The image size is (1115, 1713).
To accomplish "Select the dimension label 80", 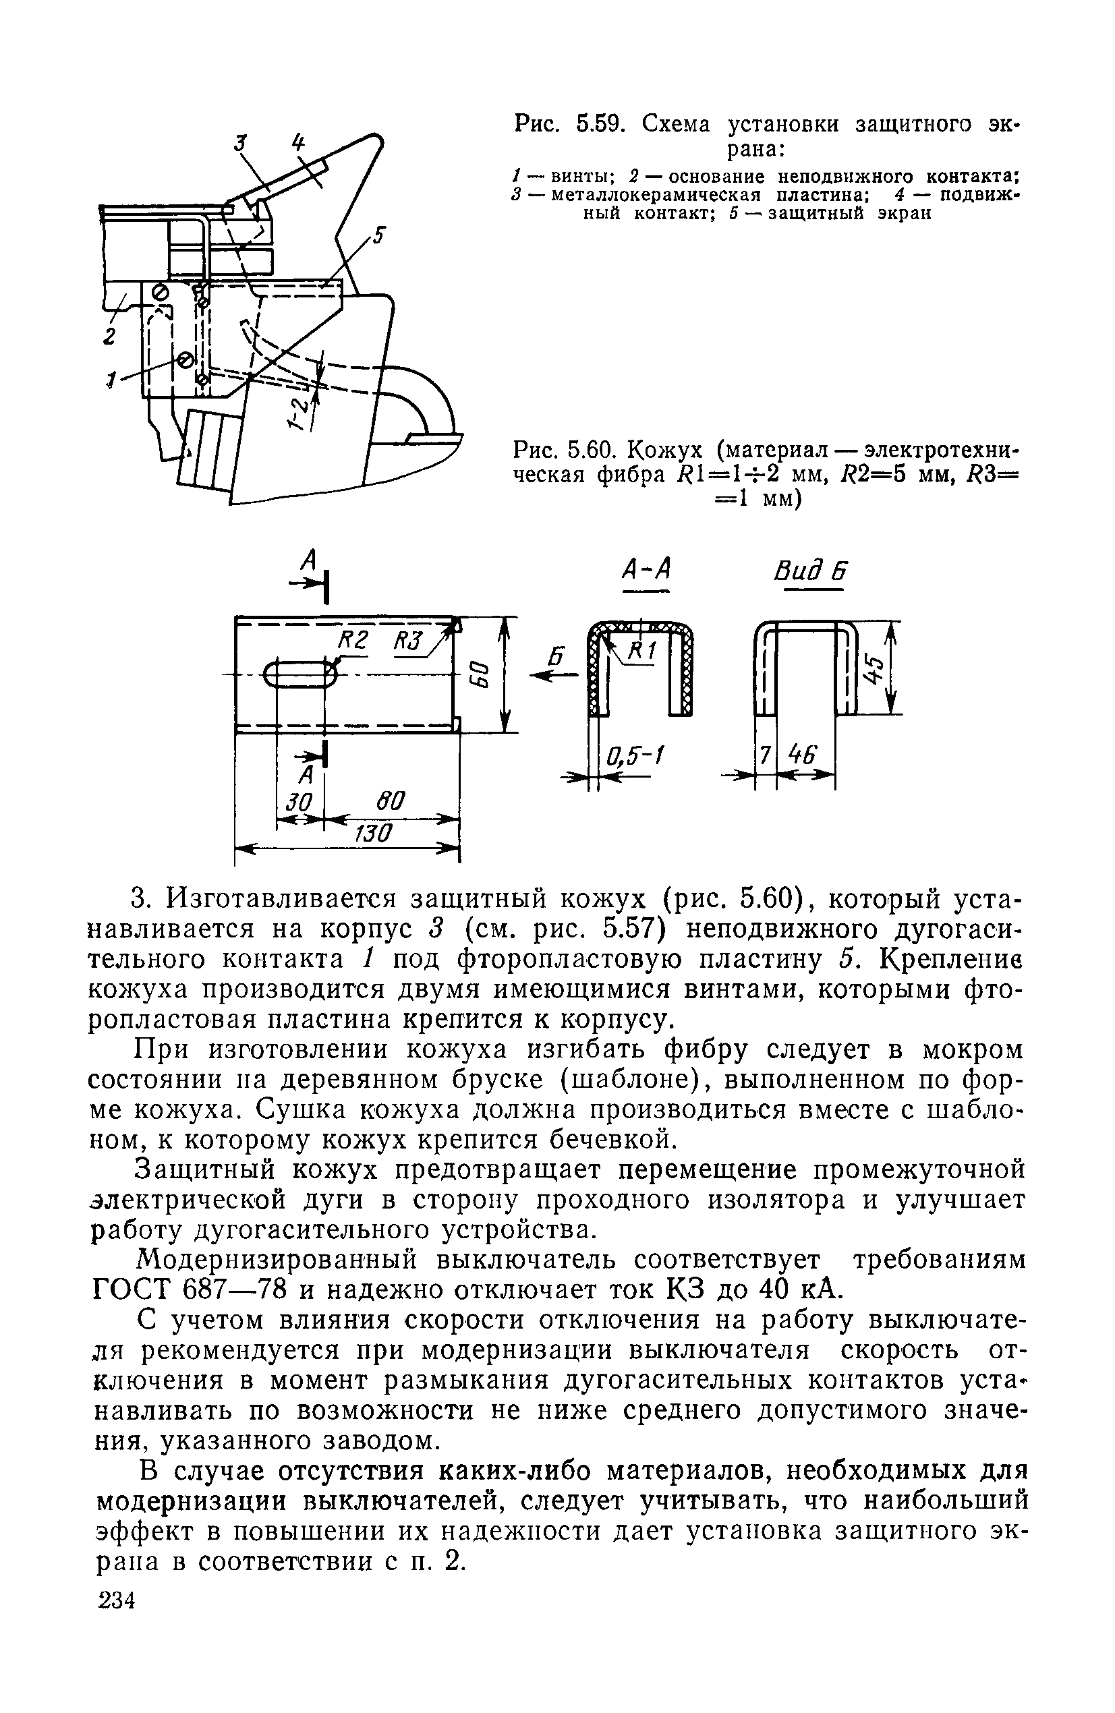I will point(389,801).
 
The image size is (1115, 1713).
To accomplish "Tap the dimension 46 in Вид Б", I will point(803,756).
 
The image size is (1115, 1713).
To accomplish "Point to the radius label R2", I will point(353,639).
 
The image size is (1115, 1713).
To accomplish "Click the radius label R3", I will point(409,639).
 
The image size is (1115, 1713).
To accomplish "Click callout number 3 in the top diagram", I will point(241,143).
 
